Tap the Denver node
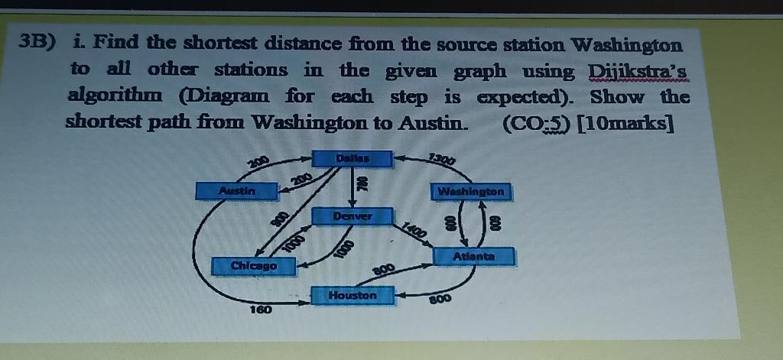pyautogui.click(x=352, y=217)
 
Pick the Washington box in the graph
pyautogui.click(x=470, y=191)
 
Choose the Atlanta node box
pyautogui.click(x=474, y=257)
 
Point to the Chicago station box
pyautogui.click(x=253, y=265)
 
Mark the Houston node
pyautogui.click(x=353, y=295)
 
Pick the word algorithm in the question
pyautogui.click(x=114, y=98)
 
